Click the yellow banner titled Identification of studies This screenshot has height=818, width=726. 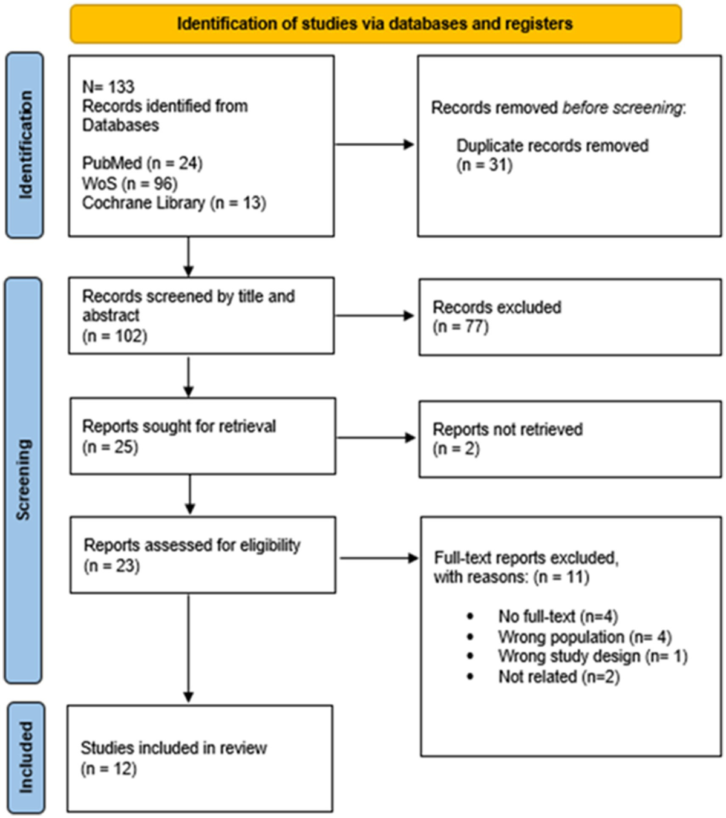375,24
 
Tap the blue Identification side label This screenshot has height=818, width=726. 25,145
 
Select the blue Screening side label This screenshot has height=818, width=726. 23,480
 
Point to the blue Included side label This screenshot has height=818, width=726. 25,757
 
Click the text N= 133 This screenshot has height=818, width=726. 108,87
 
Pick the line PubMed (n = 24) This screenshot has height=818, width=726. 142,163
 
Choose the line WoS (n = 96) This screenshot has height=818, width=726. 129,183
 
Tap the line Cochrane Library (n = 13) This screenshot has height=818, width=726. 174,203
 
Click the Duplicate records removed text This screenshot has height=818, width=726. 552,146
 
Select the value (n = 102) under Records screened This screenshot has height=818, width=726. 115,336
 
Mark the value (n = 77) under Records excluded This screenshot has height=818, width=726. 460,327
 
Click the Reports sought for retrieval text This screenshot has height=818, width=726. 179,427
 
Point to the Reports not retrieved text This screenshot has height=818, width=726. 508,430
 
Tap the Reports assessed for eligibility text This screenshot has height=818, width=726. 192,545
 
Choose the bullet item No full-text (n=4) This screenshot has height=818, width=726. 557,617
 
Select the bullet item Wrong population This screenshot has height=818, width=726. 584,637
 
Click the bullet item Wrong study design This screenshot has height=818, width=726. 592,656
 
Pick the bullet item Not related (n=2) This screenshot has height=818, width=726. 558,676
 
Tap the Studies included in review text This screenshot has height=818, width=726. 174,748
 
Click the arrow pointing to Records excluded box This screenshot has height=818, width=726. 374,315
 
